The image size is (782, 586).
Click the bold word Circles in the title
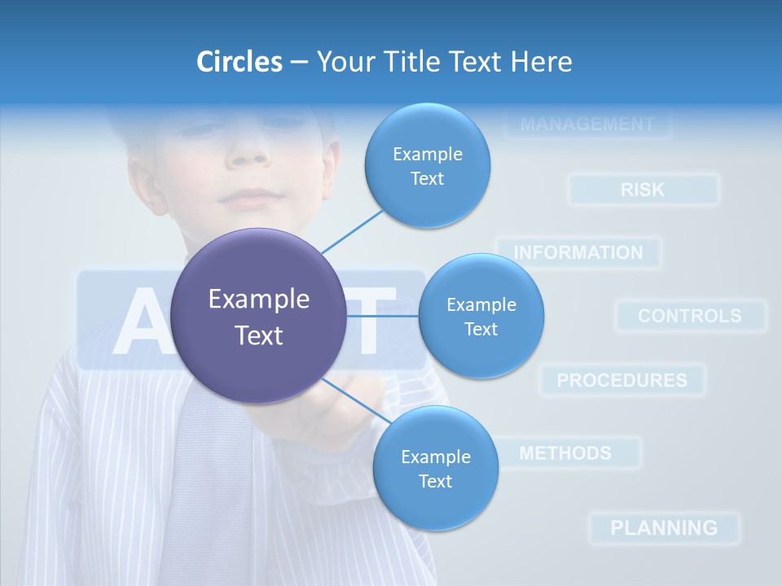[239, 61]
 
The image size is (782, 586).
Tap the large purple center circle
[258, 316]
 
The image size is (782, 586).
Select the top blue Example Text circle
[427, 165]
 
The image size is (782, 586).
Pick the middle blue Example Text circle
[481, 316]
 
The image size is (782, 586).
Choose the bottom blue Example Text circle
[435, 468]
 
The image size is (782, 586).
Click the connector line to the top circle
[352, 231]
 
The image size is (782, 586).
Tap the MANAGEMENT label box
[586, 125]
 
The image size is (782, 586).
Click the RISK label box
[643, 190]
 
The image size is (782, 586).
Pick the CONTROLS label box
[689, 316]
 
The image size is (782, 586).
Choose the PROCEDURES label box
[622, 380]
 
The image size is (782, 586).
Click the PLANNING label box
[664, 527]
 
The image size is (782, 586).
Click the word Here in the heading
[541, 61]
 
